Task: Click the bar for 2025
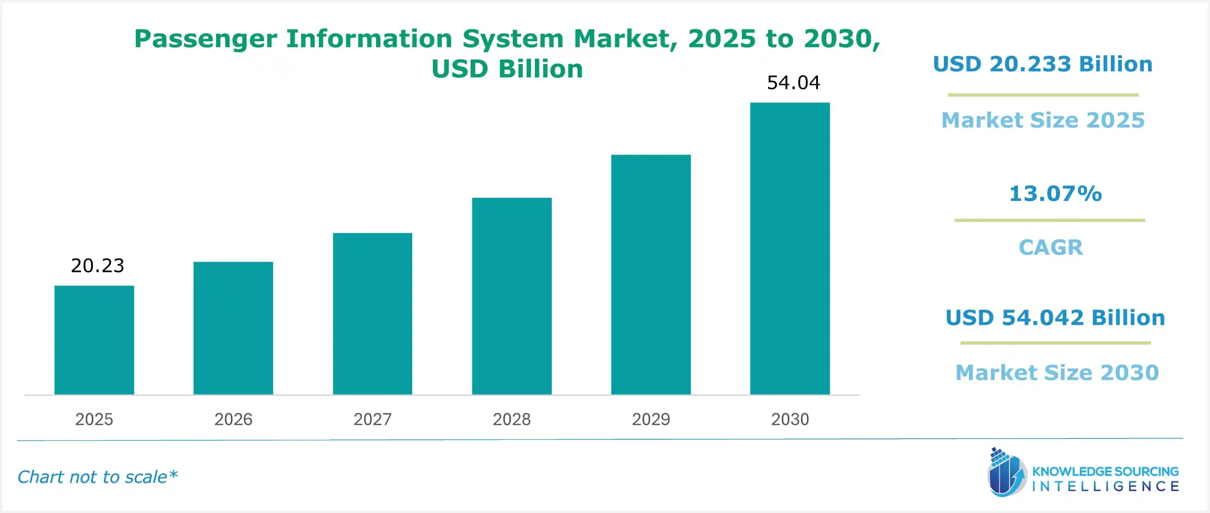tap(94, 340)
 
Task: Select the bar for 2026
tap(233, 328)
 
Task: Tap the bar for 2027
tap(372, 313)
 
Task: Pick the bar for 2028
tap(512, 296)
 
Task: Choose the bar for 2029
tap(650, 274)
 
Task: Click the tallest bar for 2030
tap(790, 248)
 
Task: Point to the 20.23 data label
tap(97, 265)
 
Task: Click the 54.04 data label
tap(793, 83)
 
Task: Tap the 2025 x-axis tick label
tap(94, 419)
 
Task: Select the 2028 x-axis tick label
tap(512, 419)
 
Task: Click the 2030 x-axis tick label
tap(790, 419)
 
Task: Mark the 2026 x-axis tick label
tap(233, 419)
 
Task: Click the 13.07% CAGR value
tap(1055, 194)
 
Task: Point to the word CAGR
tap(1051, 248)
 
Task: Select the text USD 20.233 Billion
tap(1043, 64)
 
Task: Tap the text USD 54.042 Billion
tap(1055, 318)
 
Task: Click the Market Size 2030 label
tap(1057, 373)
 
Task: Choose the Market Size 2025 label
tap(1043, 120)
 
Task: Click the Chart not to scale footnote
tap(97, 477)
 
